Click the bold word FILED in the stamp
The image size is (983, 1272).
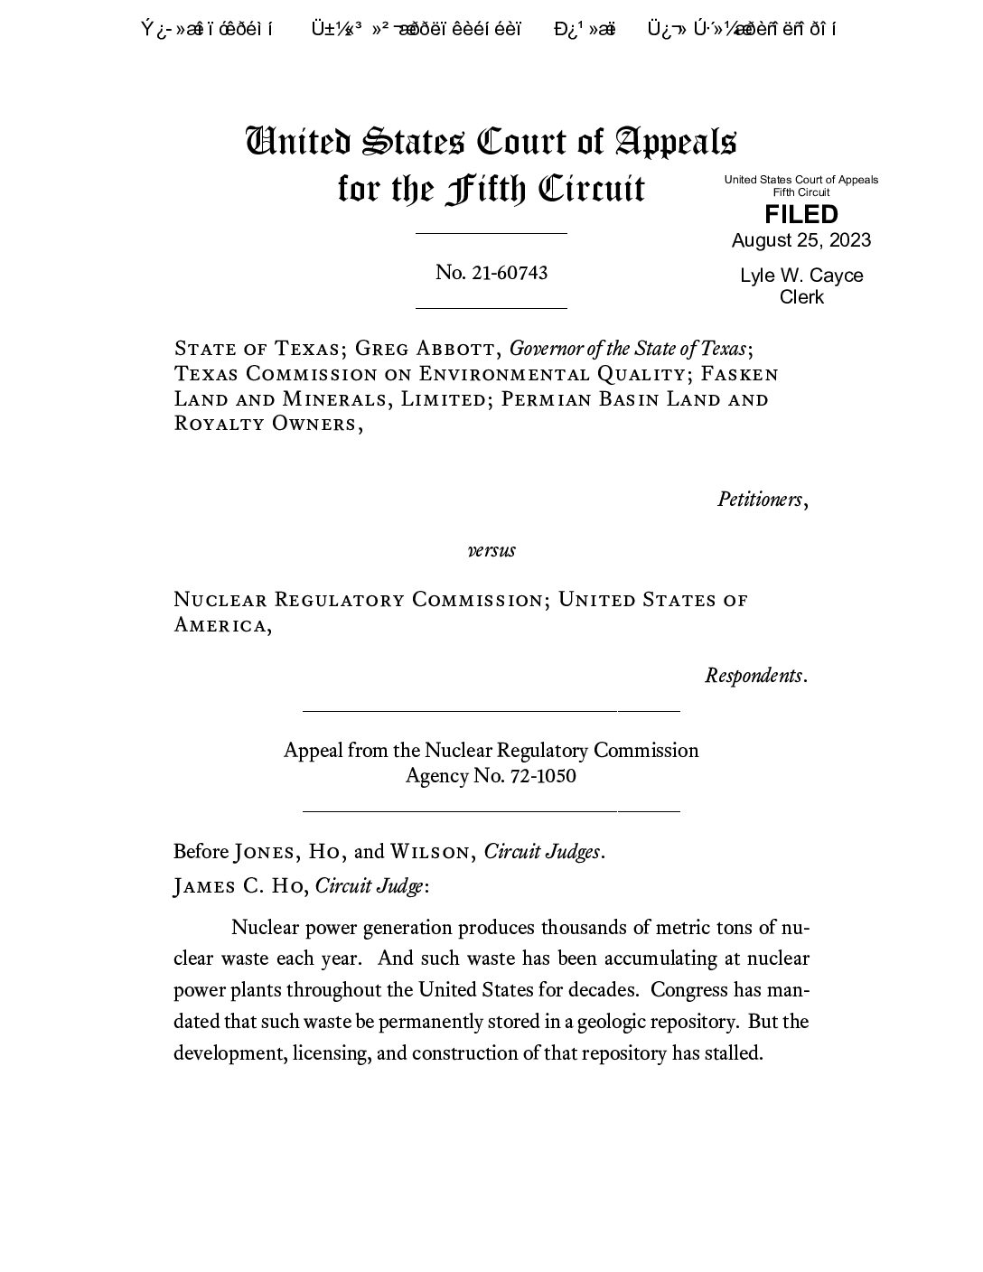[x=800, y=215]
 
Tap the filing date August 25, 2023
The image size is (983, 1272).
[x=800, y=240]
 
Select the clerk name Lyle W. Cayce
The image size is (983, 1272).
[x=800, y=276]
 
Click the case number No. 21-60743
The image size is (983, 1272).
[x=491, y=273]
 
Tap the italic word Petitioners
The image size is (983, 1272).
[x=760, y=500]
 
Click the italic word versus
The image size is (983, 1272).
[x=491, y=550]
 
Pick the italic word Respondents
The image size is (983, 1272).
[x=754, y=676]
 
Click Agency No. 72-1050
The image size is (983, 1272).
[x=491, y=776]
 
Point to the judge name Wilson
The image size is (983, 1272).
[x=429, y=852]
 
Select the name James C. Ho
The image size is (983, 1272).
[x=239, y=886]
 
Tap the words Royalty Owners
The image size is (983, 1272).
[x=265, y=425]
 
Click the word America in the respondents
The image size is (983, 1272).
[x=220, y=625]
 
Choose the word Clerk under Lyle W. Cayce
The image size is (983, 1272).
[x=800, y=297]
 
